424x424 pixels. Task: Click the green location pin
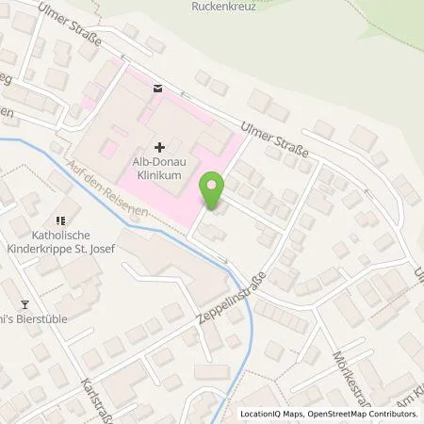pos(215,192)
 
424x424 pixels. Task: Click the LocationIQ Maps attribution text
pos(272,414)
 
